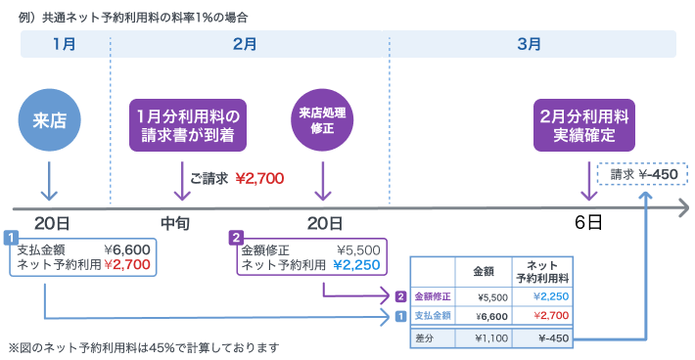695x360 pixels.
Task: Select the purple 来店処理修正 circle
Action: tap(322, 120)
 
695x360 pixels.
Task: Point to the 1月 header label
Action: tap(64, 44)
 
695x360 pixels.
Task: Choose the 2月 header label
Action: tap(246, 44)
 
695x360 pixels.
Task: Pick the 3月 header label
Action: tap(530, 44)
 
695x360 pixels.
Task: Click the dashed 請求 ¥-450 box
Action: tap(642, 175)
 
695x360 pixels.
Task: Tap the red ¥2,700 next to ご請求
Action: tap(259, 178)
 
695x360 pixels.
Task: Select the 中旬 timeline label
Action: tap(175, 223)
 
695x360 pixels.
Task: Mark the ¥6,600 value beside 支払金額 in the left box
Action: tap(127, 248)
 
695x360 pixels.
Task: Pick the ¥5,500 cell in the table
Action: tap(486, 295)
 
